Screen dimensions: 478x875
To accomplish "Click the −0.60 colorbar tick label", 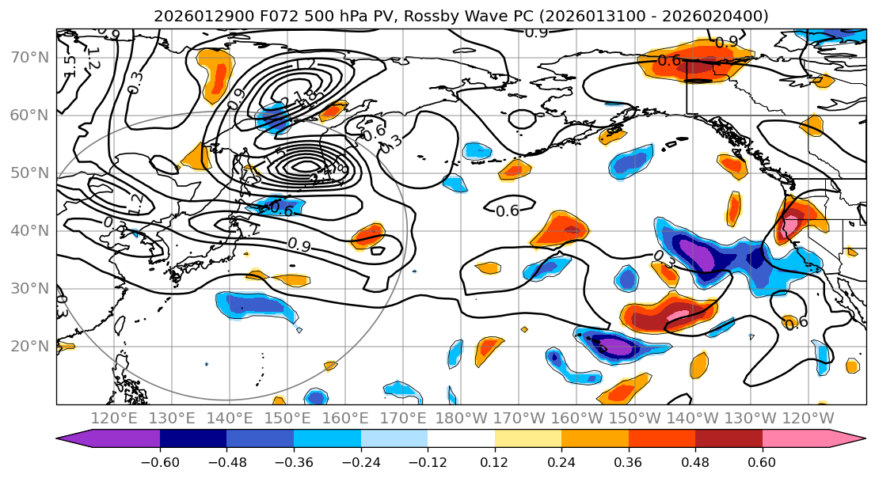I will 160,461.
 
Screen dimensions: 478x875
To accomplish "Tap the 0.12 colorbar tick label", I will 495,461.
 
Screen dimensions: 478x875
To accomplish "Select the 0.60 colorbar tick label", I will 763,461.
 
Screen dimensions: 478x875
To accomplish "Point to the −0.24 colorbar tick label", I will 360,461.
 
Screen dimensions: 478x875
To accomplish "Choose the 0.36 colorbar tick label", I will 629,461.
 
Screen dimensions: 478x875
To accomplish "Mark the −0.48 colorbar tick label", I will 226,461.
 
